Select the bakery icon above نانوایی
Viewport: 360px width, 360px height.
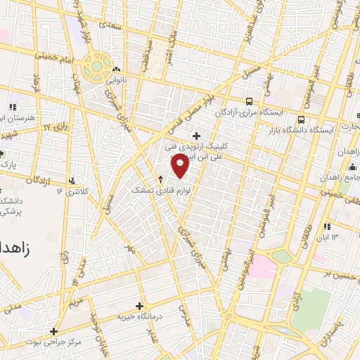click(116, 70)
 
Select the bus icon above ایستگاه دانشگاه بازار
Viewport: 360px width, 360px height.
click(302, 120)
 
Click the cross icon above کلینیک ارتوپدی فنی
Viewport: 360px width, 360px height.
click(196, 136)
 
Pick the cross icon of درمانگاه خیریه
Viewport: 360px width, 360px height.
click(139, 306)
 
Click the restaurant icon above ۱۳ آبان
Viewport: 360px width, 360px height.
click(327, 226)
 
